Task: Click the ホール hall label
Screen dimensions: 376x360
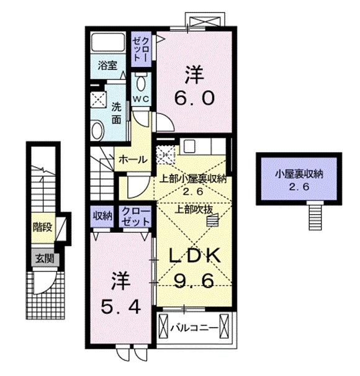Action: coord(132,159)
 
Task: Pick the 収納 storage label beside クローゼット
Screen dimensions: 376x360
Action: coord(102,217)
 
